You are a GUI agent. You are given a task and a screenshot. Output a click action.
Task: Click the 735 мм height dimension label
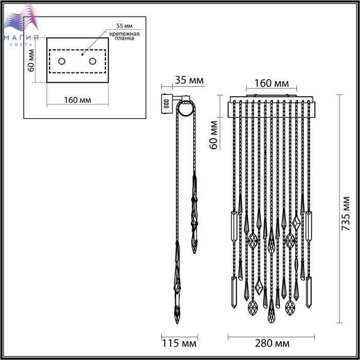(346, 213)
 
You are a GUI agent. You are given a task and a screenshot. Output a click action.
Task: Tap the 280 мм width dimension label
(272, 344)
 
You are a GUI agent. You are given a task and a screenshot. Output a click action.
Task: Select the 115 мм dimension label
(179, 344)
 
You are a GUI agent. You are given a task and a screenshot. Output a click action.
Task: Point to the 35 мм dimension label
(189, 80)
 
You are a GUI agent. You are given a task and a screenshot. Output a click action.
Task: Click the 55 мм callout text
(124, 26)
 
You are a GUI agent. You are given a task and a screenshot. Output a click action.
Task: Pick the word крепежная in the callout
(124, 34)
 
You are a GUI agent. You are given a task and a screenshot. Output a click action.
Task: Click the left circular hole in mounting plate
(62, 61)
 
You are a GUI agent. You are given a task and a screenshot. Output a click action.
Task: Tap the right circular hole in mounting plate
(93, 61)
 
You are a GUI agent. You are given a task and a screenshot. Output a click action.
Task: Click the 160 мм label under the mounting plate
(78, 100)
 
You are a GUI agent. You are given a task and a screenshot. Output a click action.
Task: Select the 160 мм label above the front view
(272, 83)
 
